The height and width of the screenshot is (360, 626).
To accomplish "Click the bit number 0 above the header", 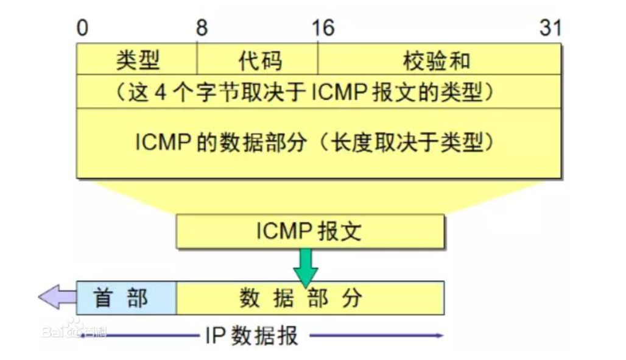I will tap(82, 28).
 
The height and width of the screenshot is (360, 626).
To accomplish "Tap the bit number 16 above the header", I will tap(323, 28).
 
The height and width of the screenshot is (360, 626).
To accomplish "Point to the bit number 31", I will tap(550, 28).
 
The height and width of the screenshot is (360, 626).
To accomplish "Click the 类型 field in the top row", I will tap(137, 60).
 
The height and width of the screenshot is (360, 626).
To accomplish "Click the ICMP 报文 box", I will tap(309, 231).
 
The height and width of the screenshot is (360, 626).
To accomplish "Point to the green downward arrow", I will tap(305, 266).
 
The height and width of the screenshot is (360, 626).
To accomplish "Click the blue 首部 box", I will tap(126, 298).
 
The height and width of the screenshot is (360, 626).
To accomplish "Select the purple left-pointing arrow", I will tap(57, 297).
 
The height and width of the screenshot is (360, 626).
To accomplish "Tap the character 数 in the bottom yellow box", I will tap(250, 298).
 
